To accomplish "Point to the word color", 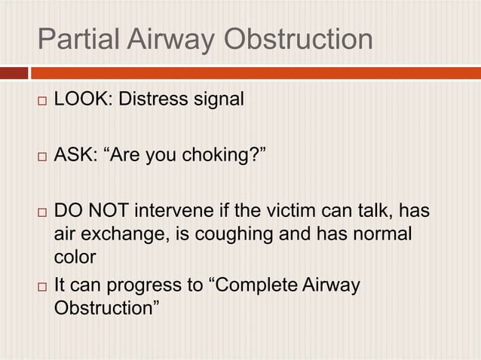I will [75, 258].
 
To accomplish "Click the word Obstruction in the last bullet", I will [103, 310].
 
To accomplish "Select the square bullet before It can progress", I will [42, 287].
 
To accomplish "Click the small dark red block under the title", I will [13, 73].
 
